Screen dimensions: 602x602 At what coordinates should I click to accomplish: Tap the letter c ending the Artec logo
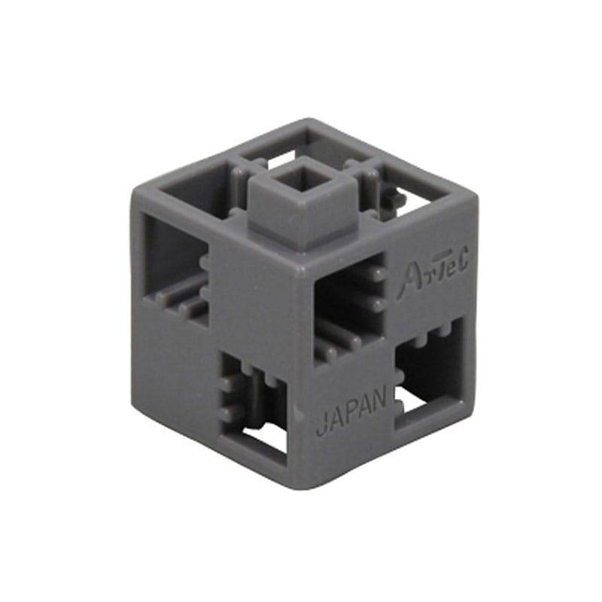pyautogui.click(x=461, y=260)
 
